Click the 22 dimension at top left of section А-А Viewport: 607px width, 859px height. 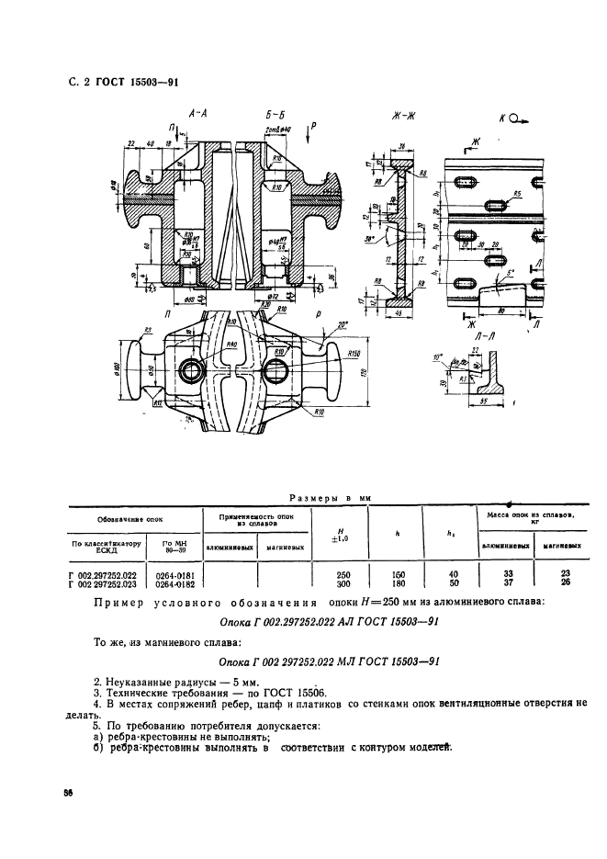coord(132,143)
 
